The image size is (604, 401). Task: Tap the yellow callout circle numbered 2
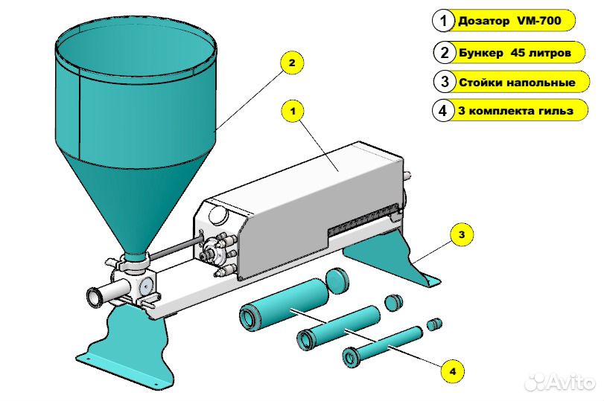click(x=292, y=63)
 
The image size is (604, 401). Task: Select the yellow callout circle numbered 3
click(x=462, y=235)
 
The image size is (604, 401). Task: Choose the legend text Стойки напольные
click(x=517, y=82)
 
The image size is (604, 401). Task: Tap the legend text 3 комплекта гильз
click(x=517, y=112)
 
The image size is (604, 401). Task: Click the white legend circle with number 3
click(x=443, y=82)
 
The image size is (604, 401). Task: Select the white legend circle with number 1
click(x=443, y=21)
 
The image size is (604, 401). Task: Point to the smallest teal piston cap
click(x=434, y=324)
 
